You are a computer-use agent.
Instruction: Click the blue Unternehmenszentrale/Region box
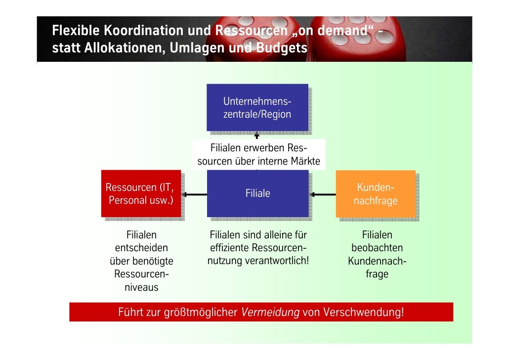coord(257,107)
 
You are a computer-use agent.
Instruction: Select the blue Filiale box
coord(257,193)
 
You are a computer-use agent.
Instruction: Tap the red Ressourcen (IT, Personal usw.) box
coord(140,193)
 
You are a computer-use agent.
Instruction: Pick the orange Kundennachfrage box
coord(375,194)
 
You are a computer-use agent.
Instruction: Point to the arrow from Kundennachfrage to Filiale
coord(323,194)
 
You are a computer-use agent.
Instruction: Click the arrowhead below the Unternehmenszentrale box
coord(257,135)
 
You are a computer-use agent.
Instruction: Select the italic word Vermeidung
coord(270,313)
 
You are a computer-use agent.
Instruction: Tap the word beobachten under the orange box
coord(377,248)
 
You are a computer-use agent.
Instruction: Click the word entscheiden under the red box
coord(141,248)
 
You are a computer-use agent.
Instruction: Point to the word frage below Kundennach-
coord(377,273)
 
